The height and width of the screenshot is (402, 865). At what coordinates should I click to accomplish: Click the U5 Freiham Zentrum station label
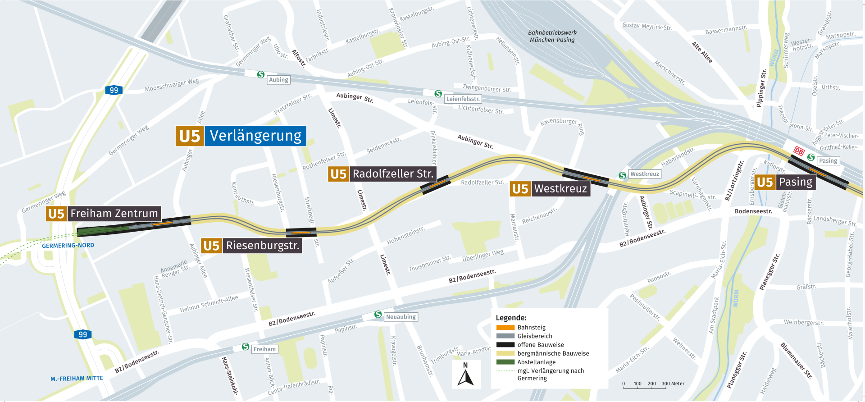coord(104,214)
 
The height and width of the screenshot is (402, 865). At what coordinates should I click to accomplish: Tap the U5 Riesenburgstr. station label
coord(251,246)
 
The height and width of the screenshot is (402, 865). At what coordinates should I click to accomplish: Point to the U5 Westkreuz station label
coord(550,189)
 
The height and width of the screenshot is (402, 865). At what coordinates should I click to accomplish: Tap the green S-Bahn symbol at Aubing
coord(261,74)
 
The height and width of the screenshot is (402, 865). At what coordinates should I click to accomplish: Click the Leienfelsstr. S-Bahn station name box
coord(463,99)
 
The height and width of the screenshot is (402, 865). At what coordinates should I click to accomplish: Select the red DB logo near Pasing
coord(799,151)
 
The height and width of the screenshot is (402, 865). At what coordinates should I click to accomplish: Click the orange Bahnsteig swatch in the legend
coord(505,328)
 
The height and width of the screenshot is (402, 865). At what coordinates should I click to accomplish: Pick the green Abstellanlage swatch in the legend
coord(505,362)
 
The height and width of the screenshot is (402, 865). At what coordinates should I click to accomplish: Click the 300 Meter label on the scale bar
coord(673,384)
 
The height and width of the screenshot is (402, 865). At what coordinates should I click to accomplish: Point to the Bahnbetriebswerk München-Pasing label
coord(552,36)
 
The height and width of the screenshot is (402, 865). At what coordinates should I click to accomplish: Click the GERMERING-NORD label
coord(68,246)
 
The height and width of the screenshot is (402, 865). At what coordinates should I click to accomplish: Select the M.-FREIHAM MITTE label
coord(77,379)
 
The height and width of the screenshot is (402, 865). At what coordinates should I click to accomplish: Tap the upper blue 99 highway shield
coord(114,90)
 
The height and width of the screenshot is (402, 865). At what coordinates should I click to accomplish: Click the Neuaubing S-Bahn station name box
coord(401,317)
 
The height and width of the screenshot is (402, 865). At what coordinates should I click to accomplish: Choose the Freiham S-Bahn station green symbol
coord(246,347)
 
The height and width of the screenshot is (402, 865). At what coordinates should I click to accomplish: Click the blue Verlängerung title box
coord(255,136)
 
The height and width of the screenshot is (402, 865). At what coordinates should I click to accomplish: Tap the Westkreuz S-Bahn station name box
coord(644,174)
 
